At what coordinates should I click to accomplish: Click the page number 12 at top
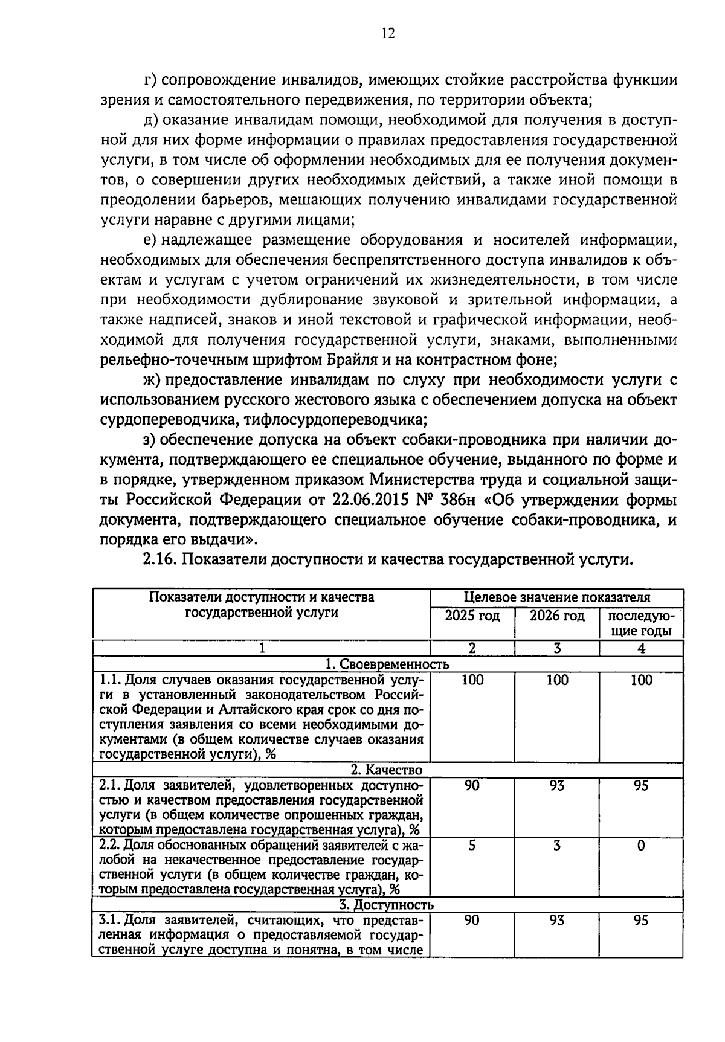pos(387,33)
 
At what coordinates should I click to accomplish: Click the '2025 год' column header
pos(472,616)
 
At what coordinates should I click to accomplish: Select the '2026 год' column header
pos(557,616)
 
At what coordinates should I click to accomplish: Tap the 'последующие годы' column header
pos(641,624)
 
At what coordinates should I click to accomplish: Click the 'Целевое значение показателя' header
pos(556,598)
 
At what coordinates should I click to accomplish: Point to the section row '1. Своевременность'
pos(387,664)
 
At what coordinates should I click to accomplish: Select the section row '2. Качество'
pos(387,770)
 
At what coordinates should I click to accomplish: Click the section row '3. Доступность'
pos(387,904)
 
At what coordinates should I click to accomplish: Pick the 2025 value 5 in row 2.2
pos(472,846)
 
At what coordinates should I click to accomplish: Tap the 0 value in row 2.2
pos(641,846)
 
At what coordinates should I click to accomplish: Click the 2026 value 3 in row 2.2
pos(557,846)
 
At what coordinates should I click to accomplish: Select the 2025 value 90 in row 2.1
pos(472,785)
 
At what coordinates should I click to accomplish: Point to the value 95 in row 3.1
pos(641,920)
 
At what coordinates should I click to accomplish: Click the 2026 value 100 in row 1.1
pos(557,680)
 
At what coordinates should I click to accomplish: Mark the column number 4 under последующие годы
pos(641,648)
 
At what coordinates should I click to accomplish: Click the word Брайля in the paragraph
pos(348,360)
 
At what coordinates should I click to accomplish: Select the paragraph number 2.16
pos(159,559)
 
